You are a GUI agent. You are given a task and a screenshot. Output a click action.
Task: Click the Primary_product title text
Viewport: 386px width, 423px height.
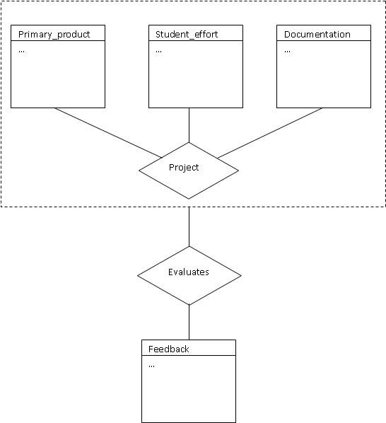pos(54,35)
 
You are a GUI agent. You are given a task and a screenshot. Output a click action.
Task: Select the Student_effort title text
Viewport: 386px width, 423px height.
pos(187,35)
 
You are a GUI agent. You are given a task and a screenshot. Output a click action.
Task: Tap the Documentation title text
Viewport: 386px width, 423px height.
pos(317,34)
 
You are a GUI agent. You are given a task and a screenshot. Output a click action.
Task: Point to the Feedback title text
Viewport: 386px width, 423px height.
pos(168,349)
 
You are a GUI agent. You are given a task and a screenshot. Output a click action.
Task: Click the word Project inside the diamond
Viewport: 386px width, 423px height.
pos(184,168)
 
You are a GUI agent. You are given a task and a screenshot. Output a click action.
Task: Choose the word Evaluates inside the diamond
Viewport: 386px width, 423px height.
pos(189,272)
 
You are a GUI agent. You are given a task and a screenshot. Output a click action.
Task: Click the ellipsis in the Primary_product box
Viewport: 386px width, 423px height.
pos(21,51)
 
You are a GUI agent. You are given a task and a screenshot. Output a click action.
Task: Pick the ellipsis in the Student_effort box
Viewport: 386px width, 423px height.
pos(158,51)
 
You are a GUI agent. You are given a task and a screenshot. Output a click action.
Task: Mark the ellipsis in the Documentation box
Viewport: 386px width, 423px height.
pos(287,51)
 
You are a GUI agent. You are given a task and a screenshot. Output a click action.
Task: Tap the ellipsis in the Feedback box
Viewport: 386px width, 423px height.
pos(151,366)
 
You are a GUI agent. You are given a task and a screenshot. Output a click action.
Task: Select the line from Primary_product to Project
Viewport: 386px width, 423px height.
pos(108,133)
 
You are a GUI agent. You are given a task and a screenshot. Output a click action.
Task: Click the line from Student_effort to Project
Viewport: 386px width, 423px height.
pos(189,125)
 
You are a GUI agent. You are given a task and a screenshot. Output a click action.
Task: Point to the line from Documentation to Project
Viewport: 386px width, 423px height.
pos(270,133)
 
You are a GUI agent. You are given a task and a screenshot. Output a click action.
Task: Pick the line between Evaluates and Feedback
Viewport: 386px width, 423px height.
pos(189,323)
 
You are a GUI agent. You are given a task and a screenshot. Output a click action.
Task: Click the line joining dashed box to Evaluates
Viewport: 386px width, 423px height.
pos(189,226)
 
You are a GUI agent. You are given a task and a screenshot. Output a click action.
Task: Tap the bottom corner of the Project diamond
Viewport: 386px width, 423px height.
pos(189,199)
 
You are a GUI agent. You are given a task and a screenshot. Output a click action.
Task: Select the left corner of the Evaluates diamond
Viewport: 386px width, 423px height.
pos(138,275)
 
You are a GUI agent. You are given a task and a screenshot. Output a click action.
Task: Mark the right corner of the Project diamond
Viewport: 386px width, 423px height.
pos(238,170)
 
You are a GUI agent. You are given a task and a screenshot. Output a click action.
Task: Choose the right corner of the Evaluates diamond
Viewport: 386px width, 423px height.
pos(241,275)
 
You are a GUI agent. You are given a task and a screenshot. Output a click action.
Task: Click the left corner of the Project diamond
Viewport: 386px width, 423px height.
pos(139,170)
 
